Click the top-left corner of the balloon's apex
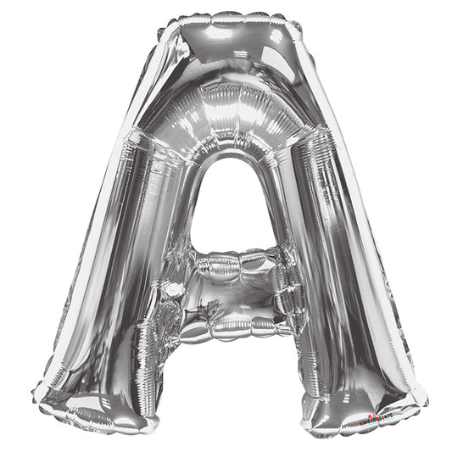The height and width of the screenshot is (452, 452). pyautogui.click(x=161, y=25)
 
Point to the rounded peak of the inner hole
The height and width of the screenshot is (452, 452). pyautogui.click(x=227, y=159)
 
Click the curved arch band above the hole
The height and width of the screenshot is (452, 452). pyautogui.click(x=227, y=127)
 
